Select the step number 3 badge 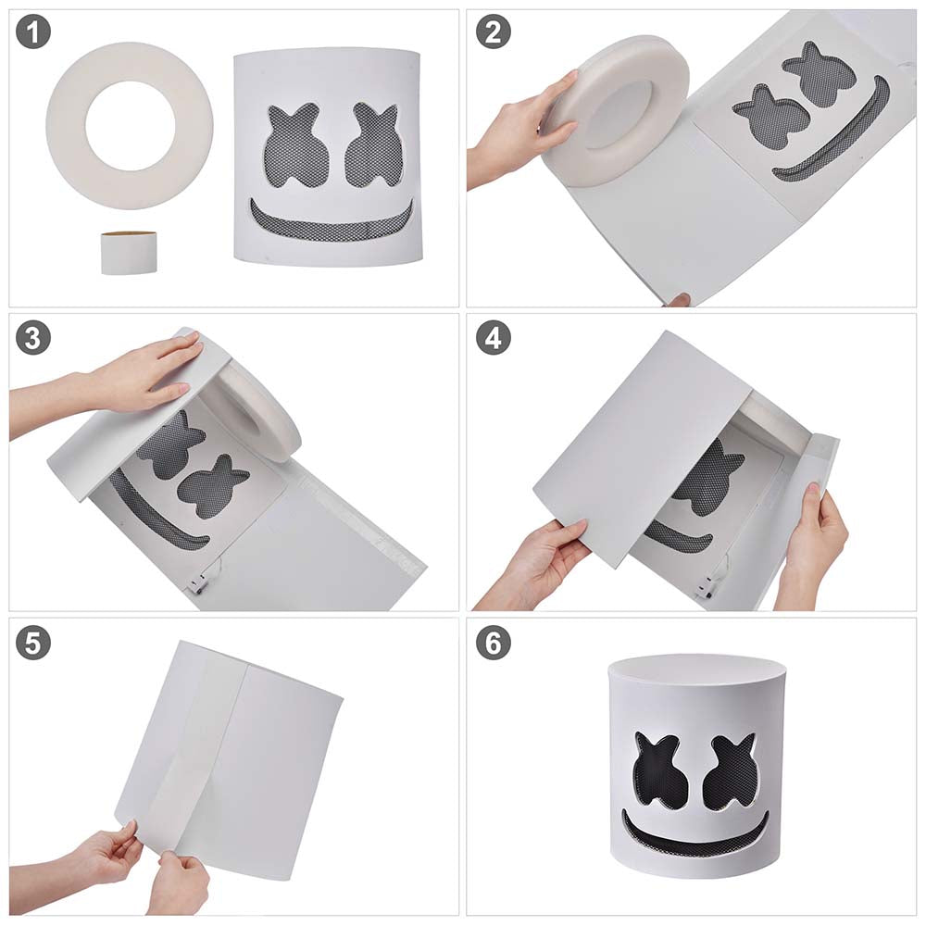click(32, 339)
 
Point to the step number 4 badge click(493, 339)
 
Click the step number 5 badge click(32, 644)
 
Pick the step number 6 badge click(493, 644)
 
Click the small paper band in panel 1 click(128, 253)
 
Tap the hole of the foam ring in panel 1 click(129, 124)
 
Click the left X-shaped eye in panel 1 click(297, 144)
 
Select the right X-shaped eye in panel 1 click(373, 144)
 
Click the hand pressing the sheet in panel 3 click(148, 370)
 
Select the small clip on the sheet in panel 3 click(196, 584)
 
